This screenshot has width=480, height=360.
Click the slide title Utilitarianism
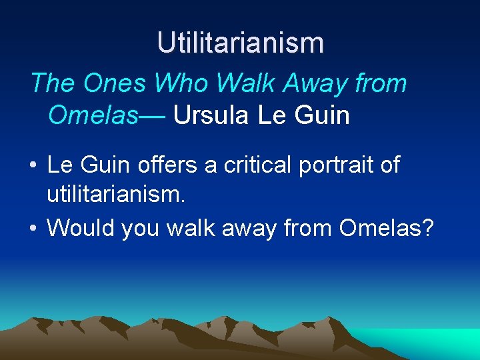coord(240,43)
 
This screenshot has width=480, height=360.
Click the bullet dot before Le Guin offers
coord(33,165)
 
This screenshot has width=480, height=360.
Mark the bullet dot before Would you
coord(33,229)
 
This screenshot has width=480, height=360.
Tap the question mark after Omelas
coord(427,228)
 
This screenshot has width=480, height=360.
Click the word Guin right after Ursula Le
coord(323,115)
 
